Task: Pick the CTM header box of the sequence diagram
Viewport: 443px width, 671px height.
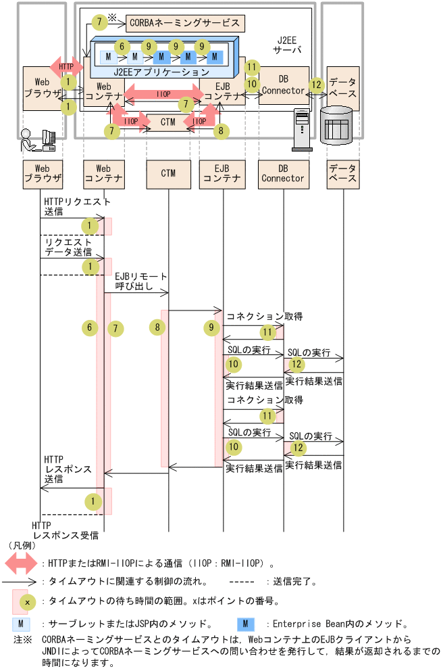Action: (x=168, y=173)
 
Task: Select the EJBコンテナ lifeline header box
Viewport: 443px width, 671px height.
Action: (x=222, y=173)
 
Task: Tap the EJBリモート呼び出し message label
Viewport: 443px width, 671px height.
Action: (x=141, y=281)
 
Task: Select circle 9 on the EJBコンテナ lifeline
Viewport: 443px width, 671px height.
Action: (x=213, y=328)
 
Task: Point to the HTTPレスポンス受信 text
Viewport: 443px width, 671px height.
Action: (x=65, y=530)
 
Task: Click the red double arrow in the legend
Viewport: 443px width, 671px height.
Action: (x=22, y=562)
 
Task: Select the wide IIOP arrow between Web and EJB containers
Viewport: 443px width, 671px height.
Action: (x=162, y=95)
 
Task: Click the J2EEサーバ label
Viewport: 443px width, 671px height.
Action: (x=286, y=46)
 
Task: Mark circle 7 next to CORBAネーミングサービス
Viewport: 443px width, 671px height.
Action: (x=99, y=22)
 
